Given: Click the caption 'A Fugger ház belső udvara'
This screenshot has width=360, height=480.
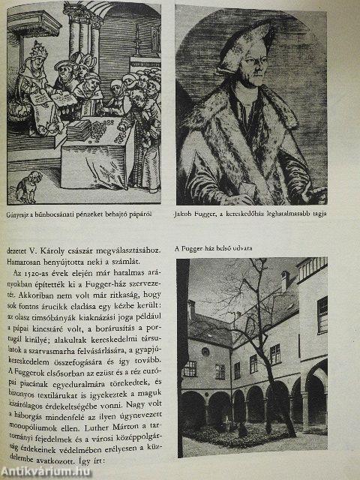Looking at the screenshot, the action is [223, 249].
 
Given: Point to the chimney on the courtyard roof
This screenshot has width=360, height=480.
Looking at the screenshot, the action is [286, 281].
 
